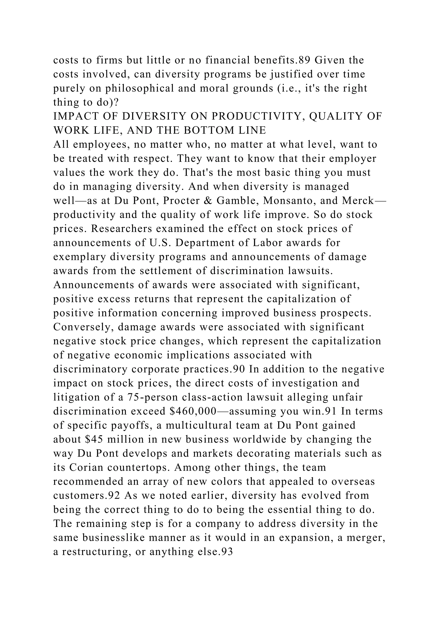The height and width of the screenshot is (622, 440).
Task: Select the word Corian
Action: tap(86, 468)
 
